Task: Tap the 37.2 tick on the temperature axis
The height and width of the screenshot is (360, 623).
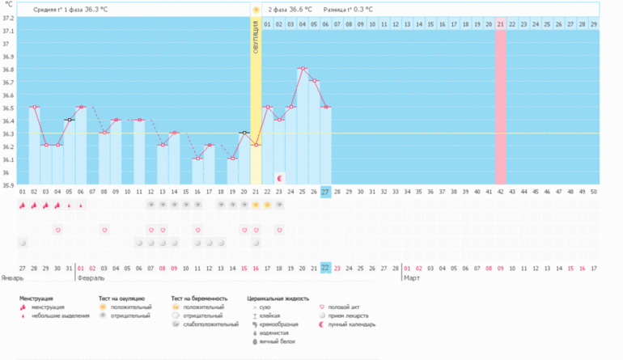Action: pyautogui.click(x=8, y=18)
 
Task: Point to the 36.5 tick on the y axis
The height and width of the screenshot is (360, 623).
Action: pyautogui.click(x=8, y=108)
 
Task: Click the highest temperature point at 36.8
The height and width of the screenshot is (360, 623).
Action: pyautogui.click(x=302, y=69)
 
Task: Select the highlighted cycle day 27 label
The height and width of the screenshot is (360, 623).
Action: pyautogui.click(x=325, y=192)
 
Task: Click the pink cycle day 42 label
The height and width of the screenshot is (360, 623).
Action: pyautogui.click(x=501, y=192)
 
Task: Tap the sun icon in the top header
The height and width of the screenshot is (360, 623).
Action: pyautogui.click(x=256, y=10)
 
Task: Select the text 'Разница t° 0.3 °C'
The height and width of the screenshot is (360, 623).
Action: pyautogui.click(x=348, y=10)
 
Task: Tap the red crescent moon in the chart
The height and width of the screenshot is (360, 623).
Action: pyautogui.click(x=280, y=177)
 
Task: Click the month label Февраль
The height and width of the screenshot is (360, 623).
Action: pyautogui.click(x=89, y=277)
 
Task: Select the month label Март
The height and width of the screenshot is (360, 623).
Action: pyautogui.click(x=411, y=277)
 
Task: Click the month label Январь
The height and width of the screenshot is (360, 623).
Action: pyautogui.click(x=13, y=277)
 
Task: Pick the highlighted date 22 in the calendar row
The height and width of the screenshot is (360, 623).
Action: pyautogui.click(x=325, y=267)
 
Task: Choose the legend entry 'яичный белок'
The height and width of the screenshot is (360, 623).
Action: pyautogui.click(x=277, y=341)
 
